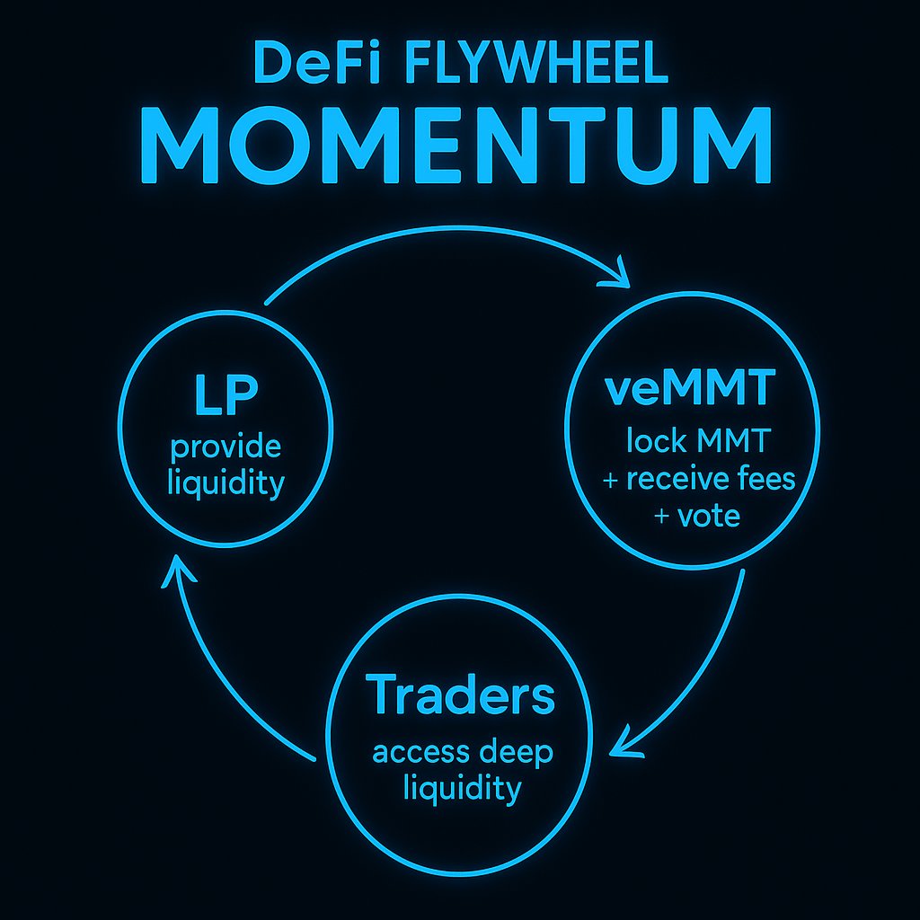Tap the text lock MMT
coord(690,442)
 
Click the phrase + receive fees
coord(699,479)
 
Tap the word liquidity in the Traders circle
coord(462,789)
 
